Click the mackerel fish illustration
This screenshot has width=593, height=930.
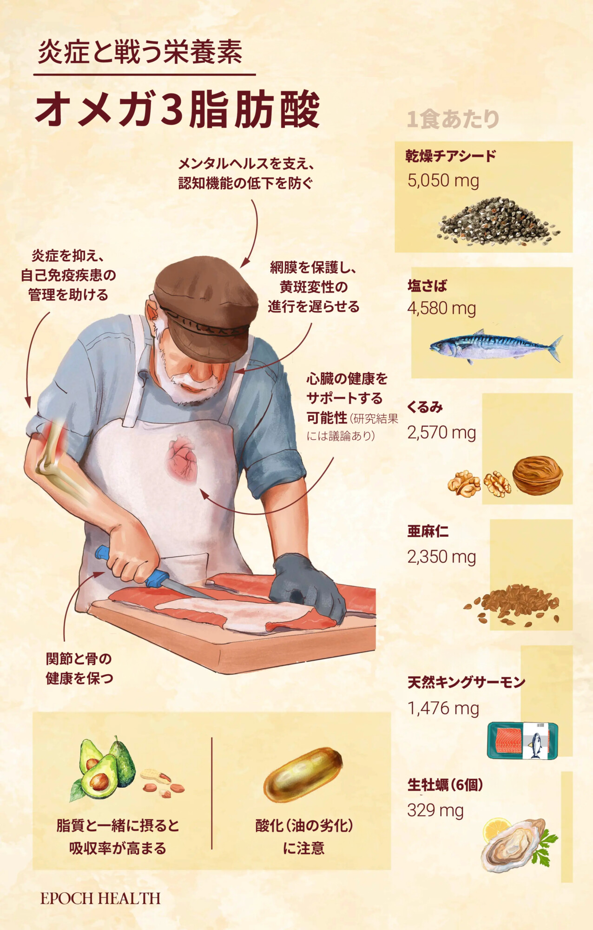click(x=495, y=347)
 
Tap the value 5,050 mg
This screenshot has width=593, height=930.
click(x=443, y=180)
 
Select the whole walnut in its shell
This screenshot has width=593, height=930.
click(x=538, y=475)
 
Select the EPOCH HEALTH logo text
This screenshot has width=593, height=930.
click(x=100, y=898)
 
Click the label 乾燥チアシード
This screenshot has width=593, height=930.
click(x=451, y=156)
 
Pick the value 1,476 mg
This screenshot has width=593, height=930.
click(x=443, y=708)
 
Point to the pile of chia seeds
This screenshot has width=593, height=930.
click(x=498, y=221)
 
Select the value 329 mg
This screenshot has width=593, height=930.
click(x=435, y=810)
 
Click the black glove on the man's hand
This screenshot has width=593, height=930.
click(x=308, y=587)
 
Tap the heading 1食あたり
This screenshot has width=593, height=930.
click(x=453, y=119)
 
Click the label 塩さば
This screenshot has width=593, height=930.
click(x=427, y=285)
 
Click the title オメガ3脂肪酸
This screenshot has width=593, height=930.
click(x=178, y=109)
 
